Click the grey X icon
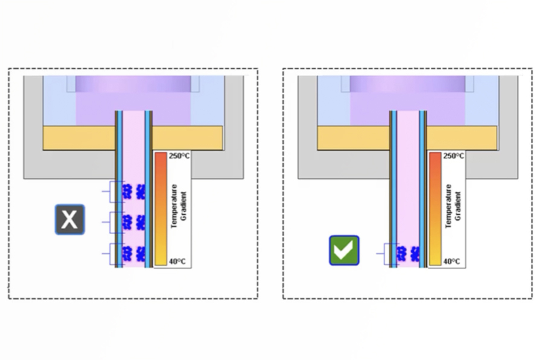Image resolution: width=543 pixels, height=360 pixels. tap(70, 219)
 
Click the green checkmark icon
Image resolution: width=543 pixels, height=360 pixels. tap(344, 250)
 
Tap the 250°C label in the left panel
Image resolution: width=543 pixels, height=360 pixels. tap(179, 156)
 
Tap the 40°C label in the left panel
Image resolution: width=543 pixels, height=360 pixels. tap(177, 262)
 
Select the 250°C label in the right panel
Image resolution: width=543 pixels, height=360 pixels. tap(453, 156)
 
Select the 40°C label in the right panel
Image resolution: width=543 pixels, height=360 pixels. tap(451, 262)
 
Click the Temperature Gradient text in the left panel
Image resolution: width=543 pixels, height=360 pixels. tap(179, 206)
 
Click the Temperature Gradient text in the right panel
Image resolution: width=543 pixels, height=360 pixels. tap(453, 206)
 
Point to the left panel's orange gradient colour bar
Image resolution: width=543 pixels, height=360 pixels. tap(161, 209)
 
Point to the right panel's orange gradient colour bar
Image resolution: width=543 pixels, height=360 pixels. tap(435, 209)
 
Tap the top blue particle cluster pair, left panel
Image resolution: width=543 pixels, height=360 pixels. tap(134, 192)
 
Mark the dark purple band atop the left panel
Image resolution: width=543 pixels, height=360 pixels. tap(133, 84)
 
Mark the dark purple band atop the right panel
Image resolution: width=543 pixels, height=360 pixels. tap(407, 84)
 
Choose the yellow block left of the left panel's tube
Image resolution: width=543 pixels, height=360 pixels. tap(79, 138)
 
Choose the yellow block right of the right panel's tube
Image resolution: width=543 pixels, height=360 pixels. tap(462, 138)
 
